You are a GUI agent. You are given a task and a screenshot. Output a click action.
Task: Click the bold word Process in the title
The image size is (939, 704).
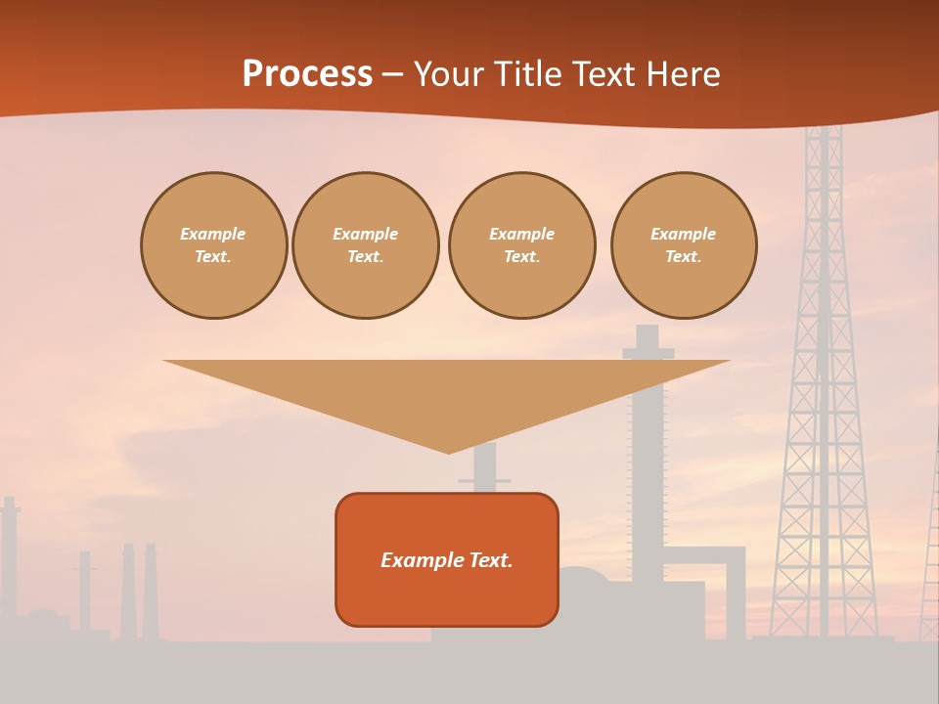307,73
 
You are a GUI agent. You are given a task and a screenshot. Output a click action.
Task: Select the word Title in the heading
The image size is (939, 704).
530,73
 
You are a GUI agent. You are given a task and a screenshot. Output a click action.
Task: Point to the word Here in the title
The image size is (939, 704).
681,73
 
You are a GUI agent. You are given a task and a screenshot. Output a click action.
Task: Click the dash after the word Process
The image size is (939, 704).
392,74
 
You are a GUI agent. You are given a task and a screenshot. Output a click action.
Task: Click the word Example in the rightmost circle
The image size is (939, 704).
684,234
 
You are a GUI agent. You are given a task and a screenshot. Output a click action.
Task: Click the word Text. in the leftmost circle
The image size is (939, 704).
213,256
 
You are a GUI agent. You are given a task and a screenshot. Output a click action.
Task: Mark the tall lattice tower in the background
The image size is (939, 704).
824,391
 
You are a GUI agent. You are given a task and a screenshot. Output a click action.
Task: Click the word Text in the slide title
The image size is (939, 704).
603,73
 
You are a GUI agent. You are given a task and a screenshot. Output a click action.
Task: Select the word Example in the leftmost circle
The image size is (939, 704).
213,234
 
